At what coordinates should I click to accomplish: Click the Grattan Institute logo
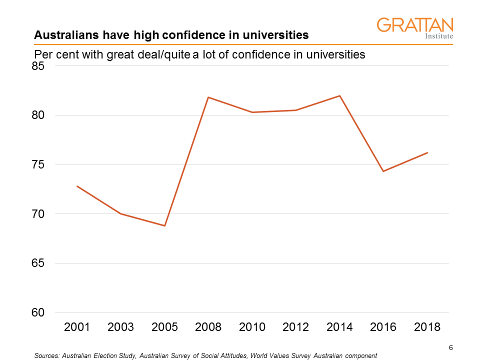414,28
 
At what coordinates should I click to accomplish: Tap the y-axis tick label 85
38,66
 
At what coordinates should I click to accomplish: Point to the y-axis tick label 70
38,214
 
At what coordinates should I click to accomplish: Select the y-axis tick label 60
38,313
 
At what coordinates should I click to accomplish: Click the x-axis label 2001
77,327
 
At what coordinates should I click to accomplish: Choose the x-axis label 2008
208,327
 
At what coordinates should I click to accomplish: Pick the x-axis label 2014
339,327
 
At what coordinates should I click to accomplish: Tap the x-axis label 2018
427,327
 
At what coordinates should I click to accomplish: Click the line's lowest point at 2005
164,225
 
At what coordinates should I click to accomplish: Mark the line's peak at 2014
339,96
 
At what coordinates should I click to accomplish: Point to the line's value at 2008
208,97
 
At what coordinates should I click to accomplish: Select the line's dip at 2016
383,171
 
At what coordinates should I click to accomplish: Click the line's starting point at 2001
77,186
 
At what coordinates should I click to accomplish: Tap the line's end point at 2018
427,153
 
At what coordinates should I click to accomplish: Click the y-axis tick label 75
38,165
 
